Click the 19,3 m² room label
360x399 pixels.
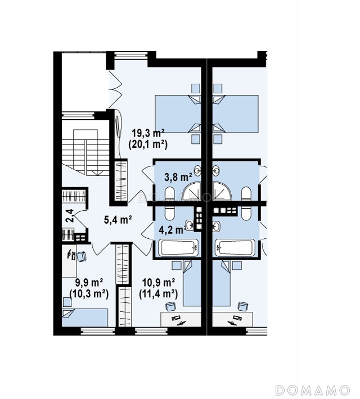pyautogui.click(x=148, y=133)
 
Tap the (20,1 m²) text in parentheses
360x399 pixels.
pyautogui.click(x=148, y=144)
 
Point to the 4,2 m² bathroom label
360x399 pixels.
pyautogui.click(x=172, y=230)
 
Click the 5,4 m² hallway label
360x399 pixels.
pyautogui.click(x=118, y=219)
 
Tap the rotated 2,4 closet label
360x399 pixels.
pyautogui.click(x=70, y=216)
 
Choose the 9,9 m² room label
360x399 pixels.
pyautogui.click(x=89, y=283)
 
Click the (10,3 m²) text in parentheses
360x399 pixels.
pyautogui.click(x=89, y=294)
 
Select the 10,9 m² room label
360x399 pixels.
pyautogui.click(x=159, y=283)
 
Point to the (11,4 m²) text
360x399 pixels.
pyautogui.click(x=159, y=294)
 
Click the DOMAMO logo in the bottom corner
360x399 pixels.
pyautogui.click(x=313, y=389)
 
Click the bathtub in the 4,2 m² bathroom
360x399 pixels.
pyautogui.click(x=178, y=247)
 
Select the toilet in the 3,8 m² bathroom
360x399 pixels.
pyautogui.click(x=169, y=194)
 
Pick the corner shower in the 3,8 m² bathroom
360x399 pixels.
pyautogui.click(x=193, y=191)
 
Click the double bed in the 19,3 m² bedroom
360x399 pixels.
pyautogui.click(x=178, y=114)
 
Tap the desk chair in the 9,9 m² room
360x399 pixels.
pyautogui.click(x=81, y=256)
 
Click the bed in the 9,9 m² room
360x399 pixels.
pyautogui.click(x=85, y=318)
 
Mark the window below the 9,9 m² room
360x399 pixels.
pyautogui.click(x=98, y=330)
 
